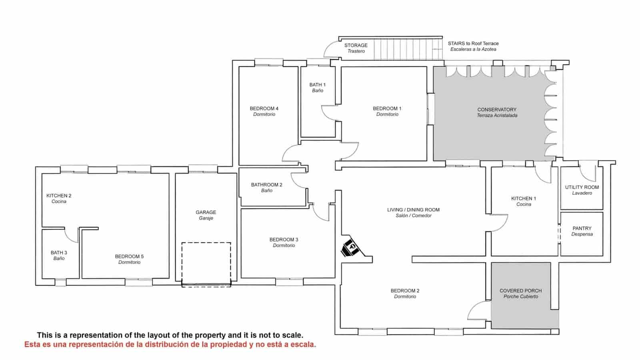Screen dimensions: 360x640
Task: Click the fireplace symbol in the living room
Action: pyautogui.click(x=352, y=248)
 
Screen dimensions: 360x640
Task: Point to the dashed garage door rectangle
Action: pyautogui.click(x=206, y=264)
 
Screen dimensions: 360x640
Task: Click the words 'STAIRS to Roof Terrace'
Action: pyautogui.click(x=473, y=43)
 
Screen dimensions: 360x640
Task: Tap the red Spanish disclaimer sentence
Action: pyautogui.click(x=170, y=344)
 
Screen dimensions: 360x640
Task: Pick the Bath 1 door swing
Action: pyautogui.click(x=329, y=113)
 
